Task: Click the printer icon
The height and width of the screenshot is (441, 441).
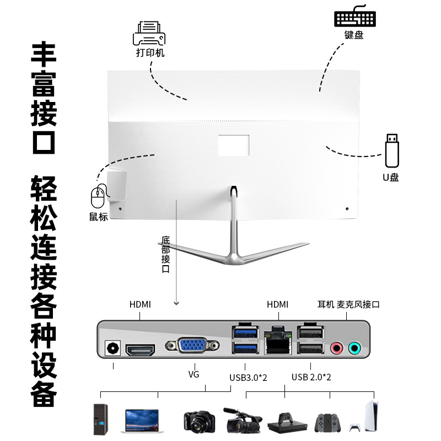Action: [x=149, y=33]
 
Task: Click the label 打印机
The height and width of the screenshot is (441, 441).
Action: [x=150, y=53]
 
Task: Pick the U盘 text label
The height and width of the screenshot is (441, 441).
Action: [x=391, y=177]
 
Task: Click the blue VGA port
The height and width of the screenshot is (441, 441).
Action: [x=192, y=346]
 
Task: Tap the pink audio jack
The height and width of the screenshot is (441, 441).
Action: [x=336, y=348]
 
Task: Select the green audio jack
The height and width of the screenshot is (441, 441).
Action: [x=354, y=348]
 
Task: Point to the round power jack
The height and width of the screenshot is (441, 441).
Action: [x=113, y=348]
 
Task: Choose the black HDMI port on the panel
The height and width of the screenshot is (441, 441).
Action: [x=141, y=349]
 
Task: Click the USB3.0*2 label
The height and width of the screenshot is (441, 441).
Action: [x=248, y=378]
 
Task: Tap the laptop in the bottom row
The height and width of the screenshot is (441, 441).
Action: [x=142, y=420]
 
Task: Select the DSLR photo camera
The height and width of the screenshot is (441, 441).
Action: [x=198, y=422]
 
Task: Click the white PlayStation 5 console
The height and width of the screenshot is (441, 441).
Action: [x=369, y=417]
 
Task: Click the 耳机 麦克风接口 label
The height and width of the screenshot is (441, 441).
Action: [x=348, y=304]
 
